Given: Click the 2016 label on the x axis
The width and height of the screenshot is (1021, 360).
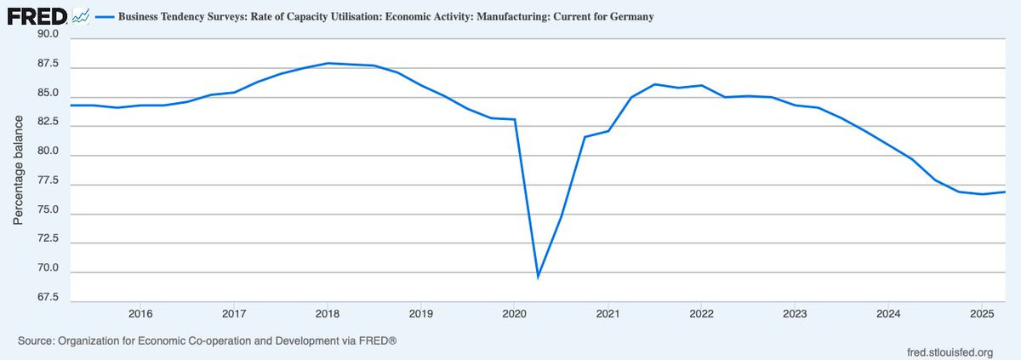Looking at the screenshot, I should [140, 312].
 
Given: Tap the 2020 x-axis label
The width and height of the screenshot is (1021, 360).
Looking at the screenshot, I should [514, 312].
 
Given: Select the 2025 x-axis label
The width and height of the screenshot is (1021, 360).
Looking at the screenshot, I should [981, 312].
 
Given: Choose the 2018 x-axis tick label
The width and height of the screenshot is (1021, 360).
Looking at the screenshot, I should [327, 312].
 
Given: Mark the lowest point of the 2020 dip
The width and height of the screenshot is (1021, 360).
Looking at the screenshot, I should [538, 277].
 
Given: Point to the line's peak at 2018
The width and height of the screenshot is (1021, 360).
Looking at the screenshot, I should [328, 63].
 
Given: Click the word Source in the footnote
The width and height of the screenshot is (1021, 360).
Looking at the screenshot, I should [37, 341].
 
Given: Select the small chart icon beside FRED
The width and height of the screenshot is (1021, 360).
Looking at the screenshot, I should [82, 15].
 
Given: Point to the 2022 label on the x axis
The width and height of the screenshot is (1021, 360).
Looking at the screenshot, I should [700, 312].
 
